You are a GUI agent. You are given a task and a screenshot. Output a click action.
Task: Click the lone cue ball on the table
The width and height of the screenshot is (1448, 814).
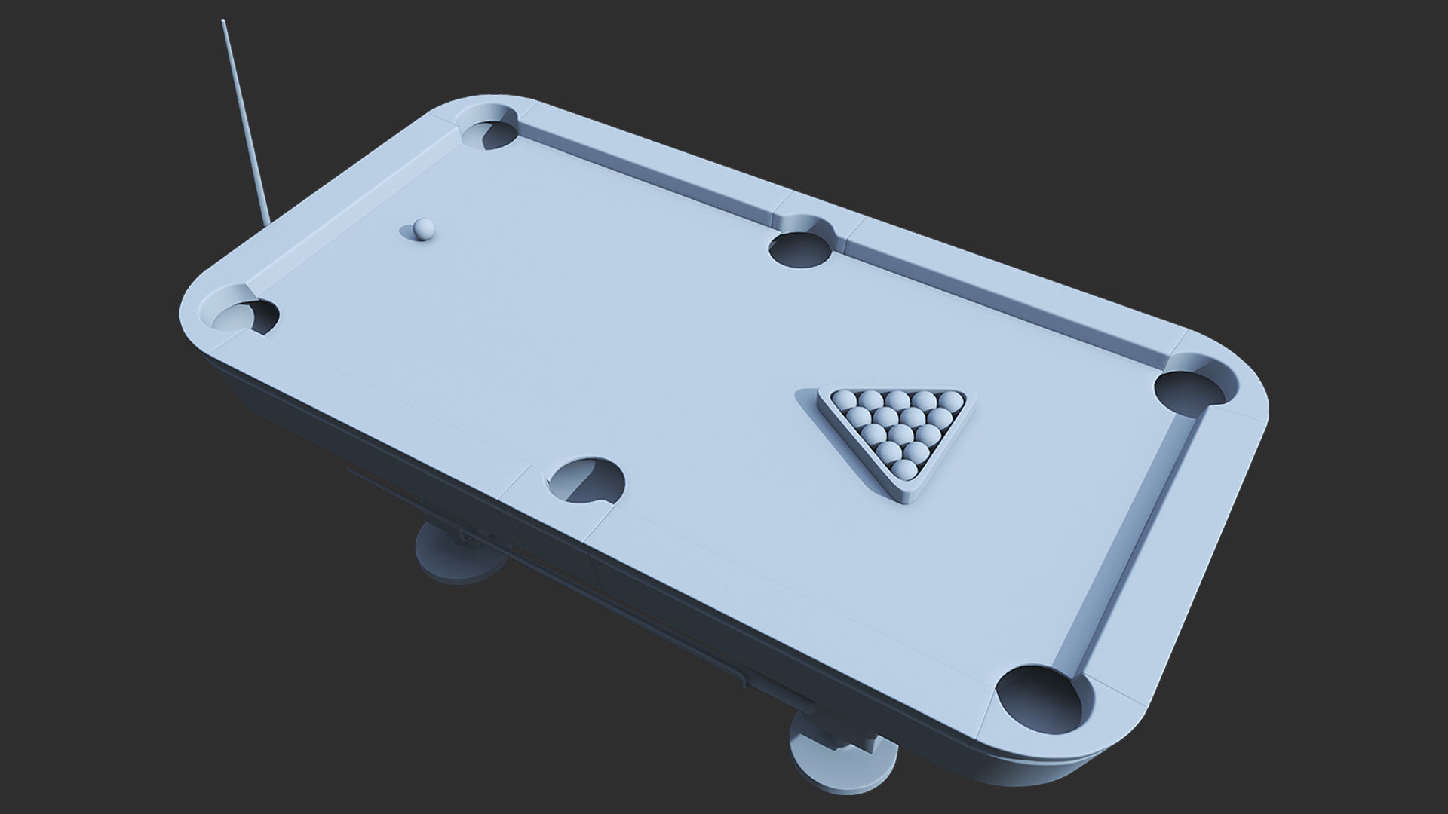tap(424, 228)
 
